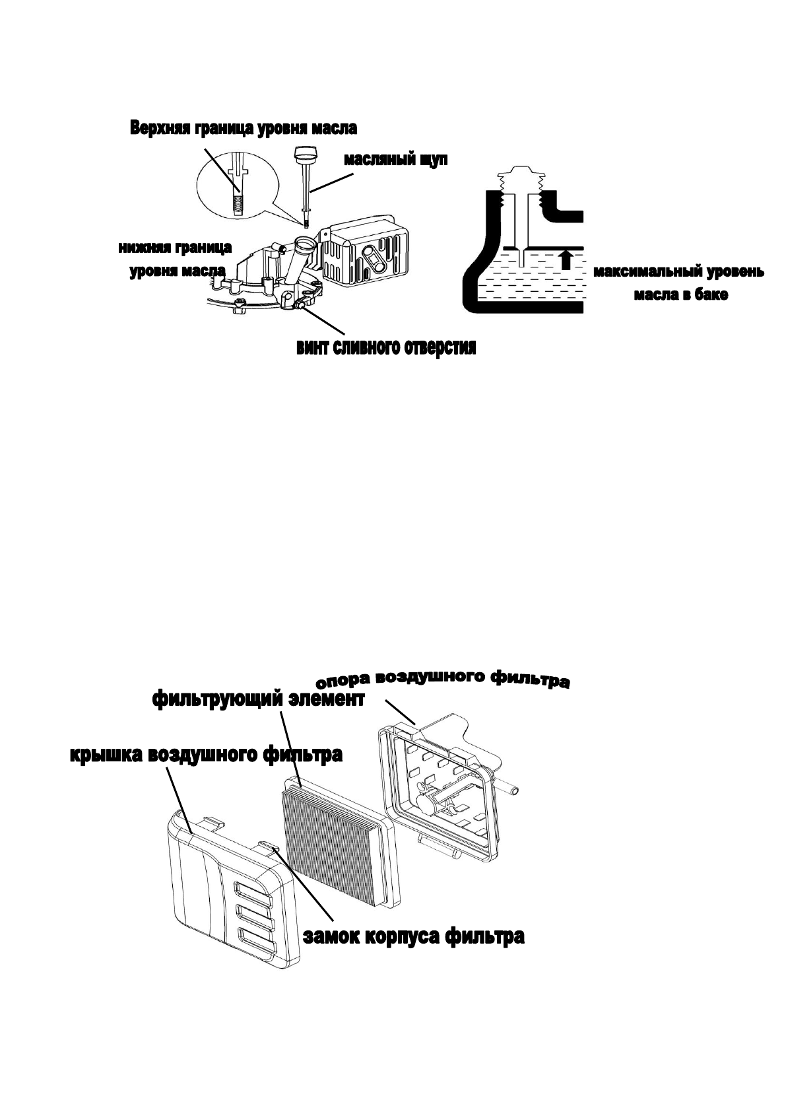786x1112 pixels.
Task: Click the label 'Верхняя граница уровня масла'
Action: click(244, 128)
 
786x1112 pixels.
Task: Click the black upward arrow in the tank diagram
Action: click(565, 259)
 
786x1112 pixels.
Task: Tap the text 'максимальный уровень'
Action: click(678, 272)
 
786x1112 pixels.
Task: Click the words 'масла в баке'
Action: click(681, 295)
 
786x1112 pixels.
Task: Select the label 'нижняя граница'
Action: click(175, 248)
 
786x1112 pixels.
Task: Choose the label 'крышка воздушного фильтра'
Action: click(206, 754)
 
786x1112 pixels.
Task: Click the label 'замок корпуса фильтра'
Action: click(414, 936)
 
